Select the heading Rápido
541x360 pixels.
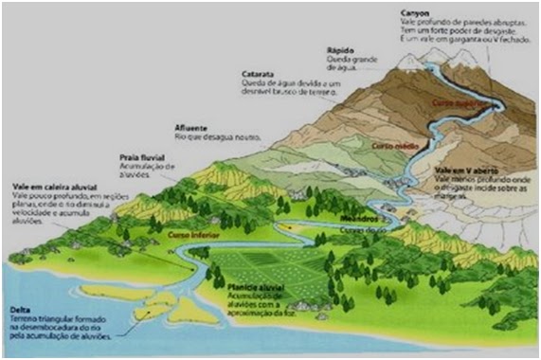tap(340, 53)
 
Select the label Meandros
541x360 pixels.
tap(335, 220)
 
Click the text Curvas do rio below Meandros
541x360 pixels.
tap(338, 230)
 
